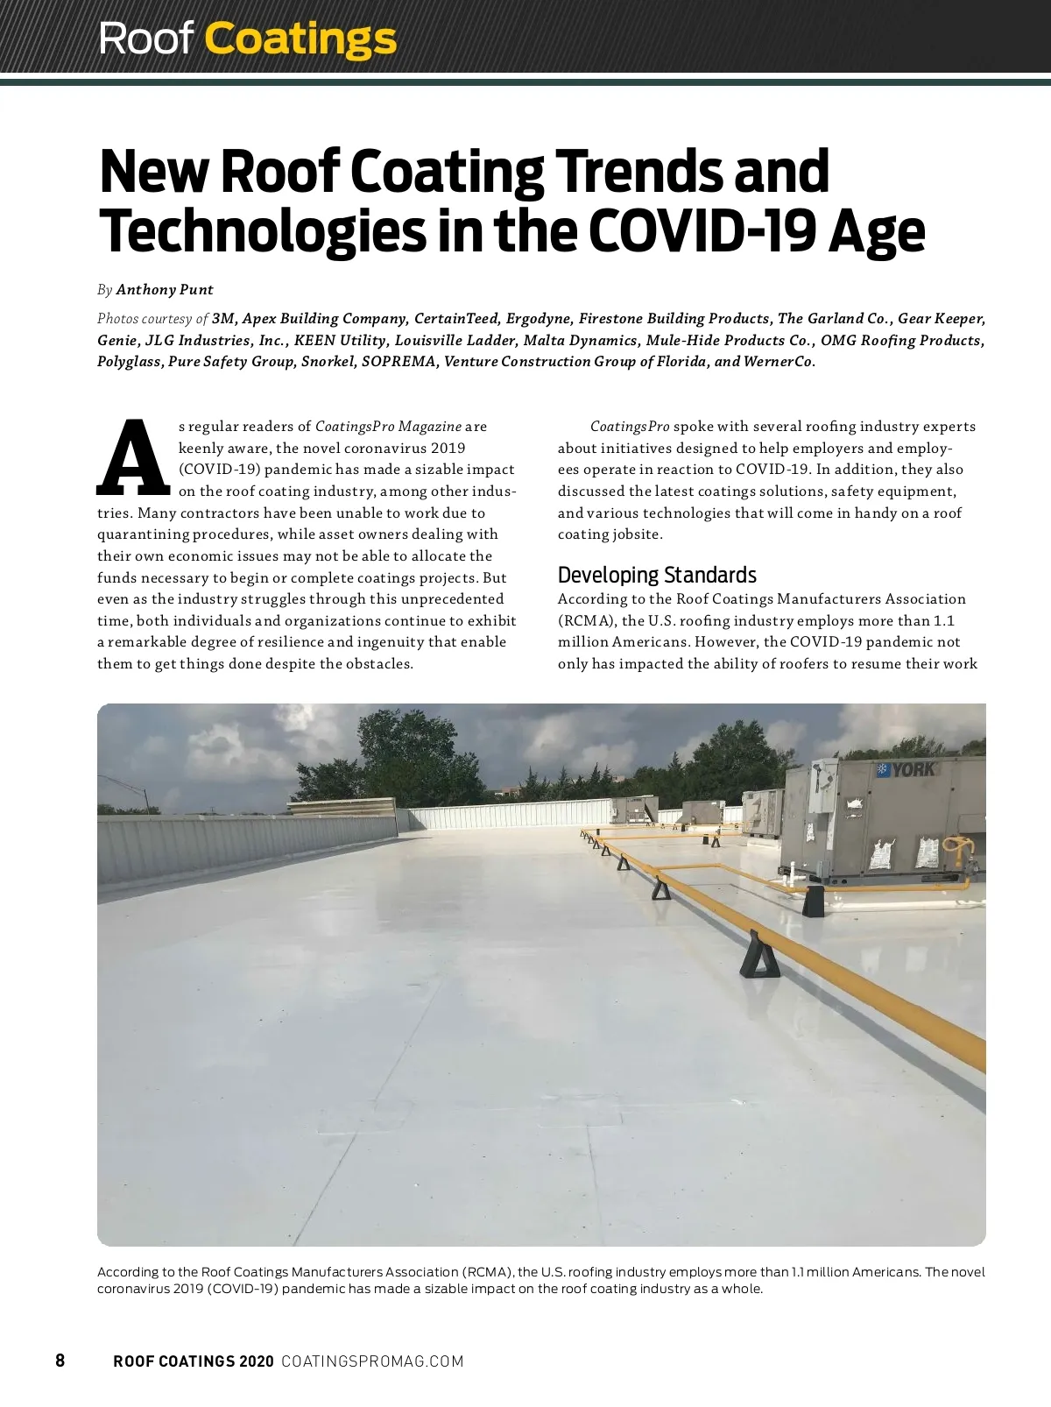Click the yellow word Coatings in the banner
(x=300, y=39)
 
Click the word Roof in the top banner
(x=145, y=39)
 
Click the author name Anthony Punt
(x=165, y=290)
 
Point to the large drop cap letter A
(x=133, y=457)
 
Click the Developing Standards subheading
(x=657, y=575)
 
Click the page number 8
(x=60, y=1361)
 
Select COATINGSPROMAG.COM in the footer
(x=372, y=1361)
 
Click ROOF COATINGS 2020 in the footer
(x=194, y=1361)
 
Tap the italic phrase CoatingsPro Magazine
(x=388, y=427)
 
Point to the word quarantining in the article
(x=140, y=534)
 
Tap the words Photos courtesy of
(x=152, y=319)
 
